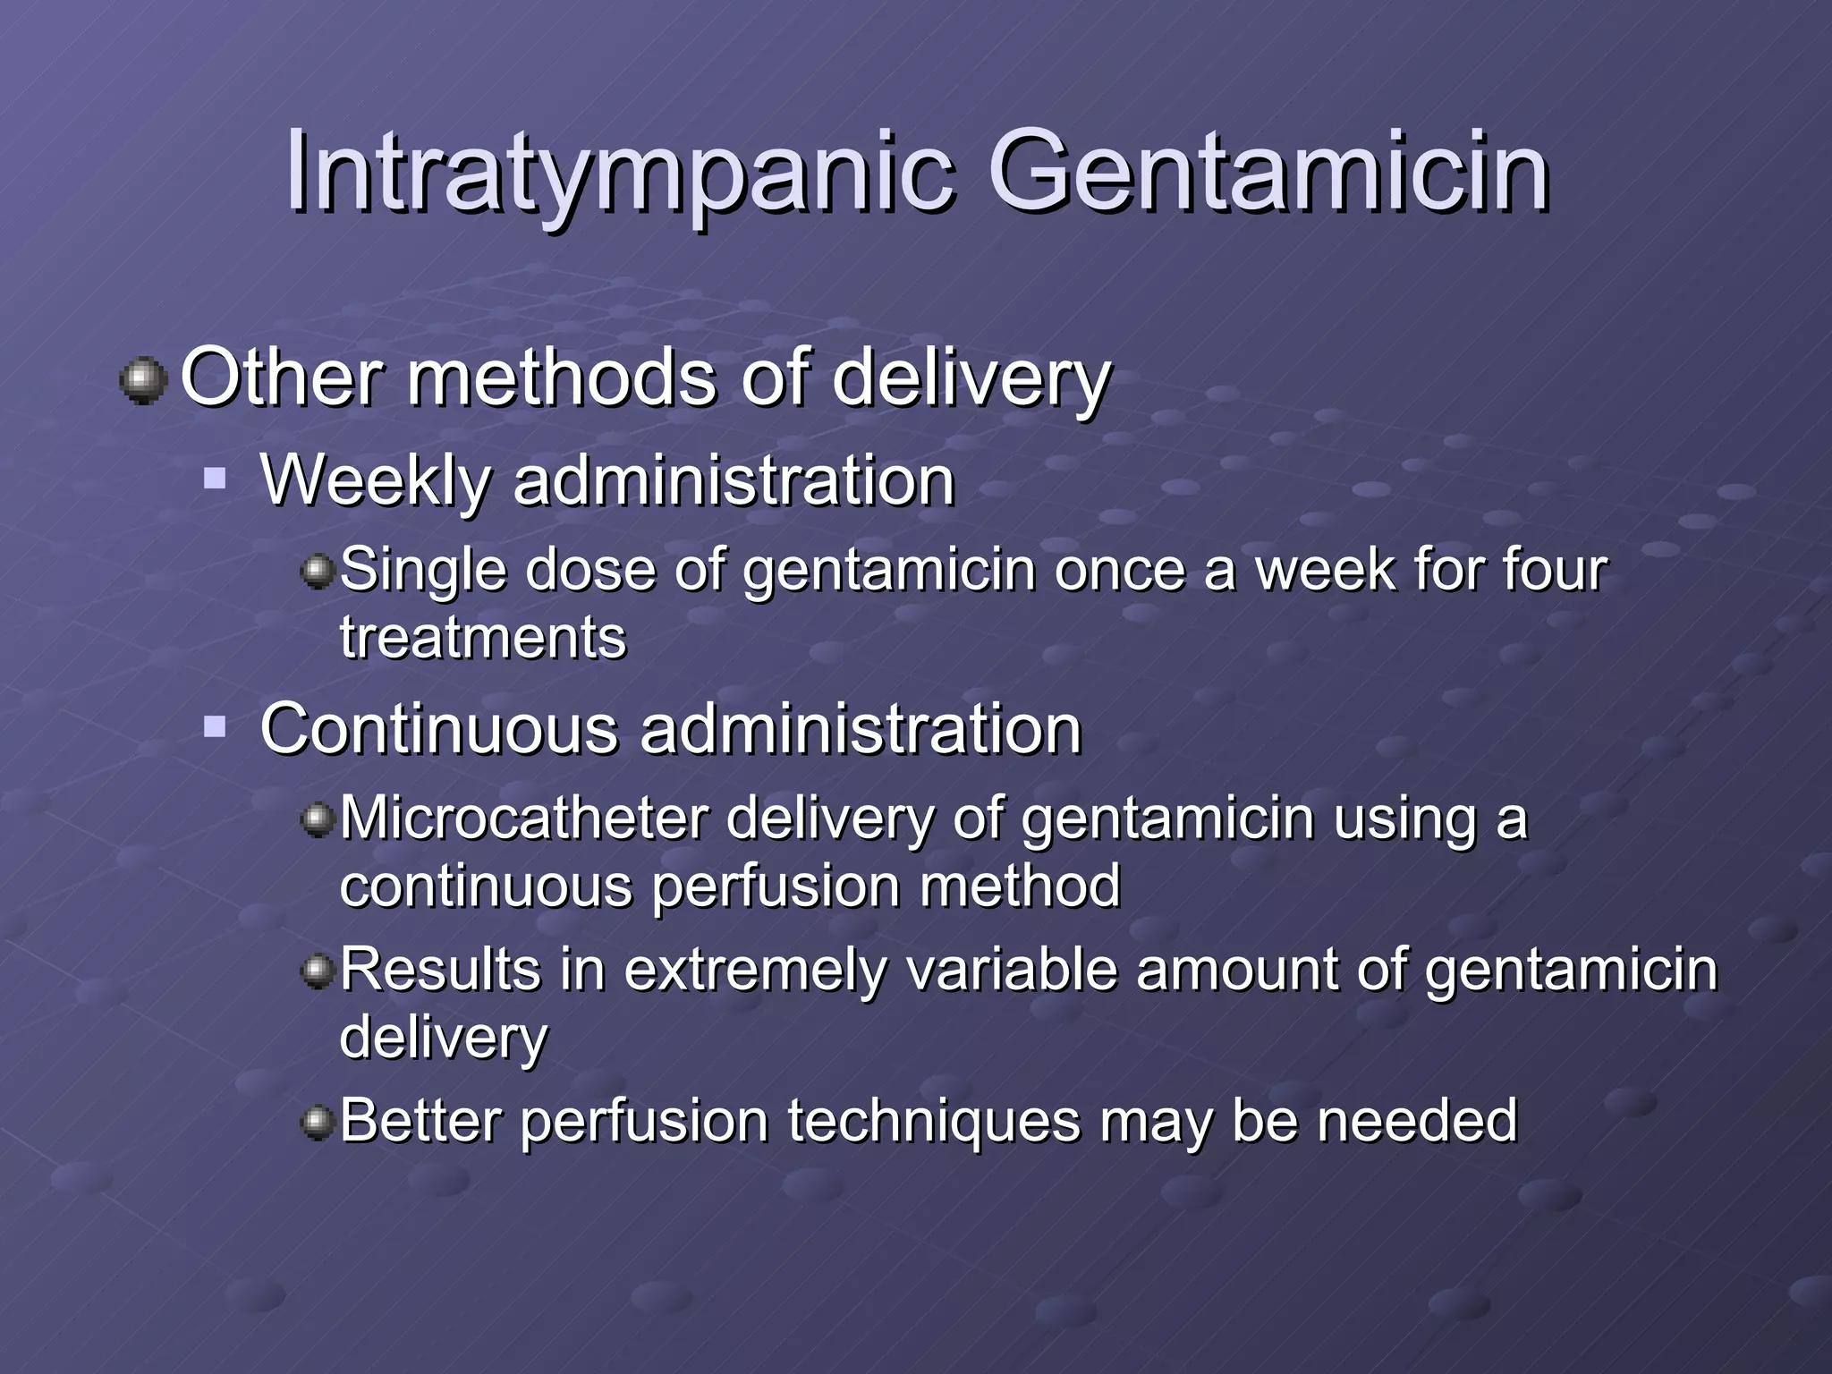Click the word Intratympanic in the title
617,172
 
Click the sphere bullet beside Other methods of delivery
143,381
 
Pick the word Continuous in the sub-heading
438,729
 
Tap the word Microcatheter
524,818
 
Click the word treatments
483,638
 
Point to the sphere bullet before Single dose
318,570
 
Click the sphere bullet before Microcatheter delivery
318,818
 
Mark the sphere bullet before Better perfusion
318,1121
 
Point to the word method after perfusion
1020,886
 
